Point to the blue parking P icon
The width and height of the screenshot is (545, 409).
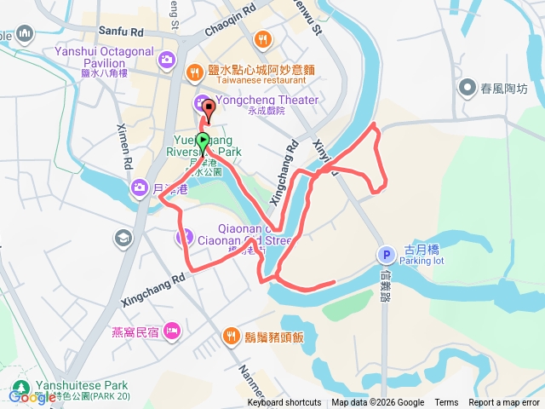click(384, 255)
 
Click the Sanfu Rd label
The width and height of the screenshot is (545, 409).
click(123, 32)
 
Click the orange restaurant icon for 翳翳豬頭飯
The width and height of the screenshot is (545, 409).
click(230, 337)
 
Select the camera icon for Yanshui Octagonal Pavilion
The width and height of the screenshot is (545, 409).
click(166, 59)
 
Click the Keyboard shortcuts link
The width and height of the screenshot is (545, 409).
click(284, 403)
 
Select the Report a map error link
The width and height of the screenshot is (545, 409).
click(505, 403)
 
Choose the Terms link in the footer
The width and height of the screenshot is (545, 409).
click(446, 403)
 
